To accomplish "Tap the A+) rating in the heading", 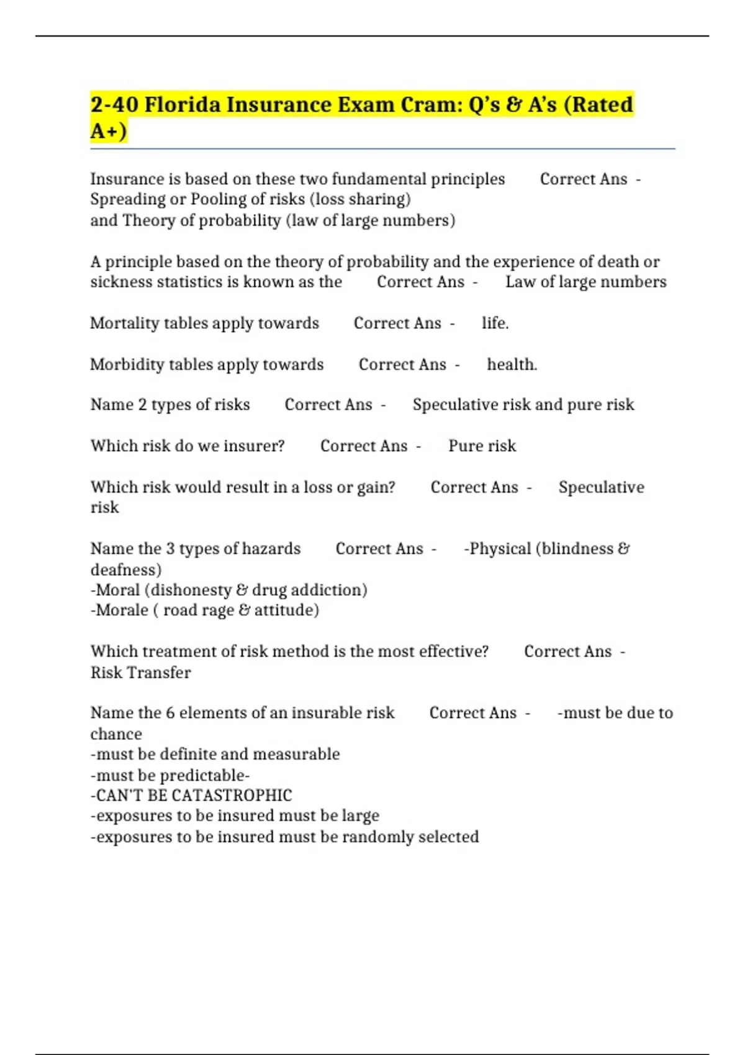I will (x=109, y=131).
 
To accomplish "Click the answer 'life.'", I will (x=495, y=323).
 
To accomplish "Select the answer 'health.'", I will (x=512, y=364).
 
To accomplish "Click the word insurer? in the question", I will (x=254, y=446).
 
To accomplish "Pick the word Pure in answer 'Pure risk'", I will (x=464, y=446).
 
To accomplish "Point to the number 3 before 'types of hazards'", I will (x=170, y=549).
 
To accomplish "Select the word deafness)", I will (x=126, y=570).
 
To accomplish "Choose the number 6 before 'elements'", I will (x=170, y=712).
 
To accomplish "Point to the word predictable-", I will (x=205, y=775).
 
